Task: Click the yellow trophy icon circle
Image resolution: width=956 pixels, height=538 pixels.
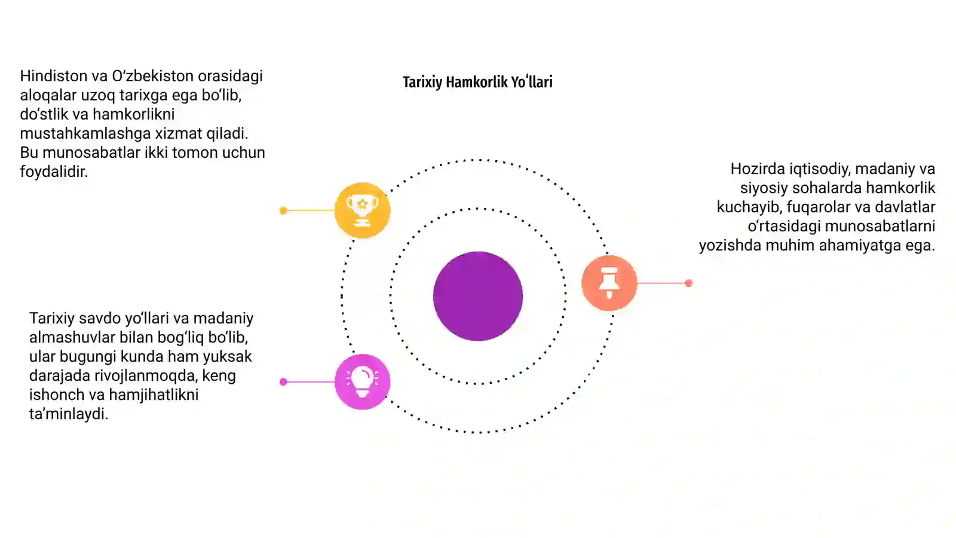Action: tap(362, 210)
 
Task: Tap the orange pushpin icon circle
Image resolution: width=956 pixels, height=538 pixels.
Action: tap(609, 283)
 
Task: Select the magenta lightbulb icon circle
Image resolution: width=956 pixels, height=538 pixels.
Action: tap(362, 382)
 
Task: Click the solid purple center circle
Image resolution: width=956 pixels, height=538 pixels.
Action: tap(478, 296)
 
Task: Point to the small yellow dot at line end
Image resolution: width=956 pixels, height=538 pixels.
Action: tap(283, 210)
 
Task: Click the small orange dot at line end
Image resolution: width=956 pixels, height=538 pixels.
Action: tap(688, 283)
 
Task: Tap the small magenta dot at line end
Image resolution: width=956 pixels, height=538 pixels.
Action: tap(283, 382)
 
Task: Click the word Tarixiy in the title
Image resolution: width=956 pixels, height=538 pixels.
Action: tap(422, 82)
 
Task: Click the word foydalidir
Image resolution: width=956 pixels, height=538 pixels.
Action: tap(54, 172)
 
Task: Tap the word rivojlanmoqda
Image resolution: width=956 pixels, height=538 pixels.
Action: tap(146, 376)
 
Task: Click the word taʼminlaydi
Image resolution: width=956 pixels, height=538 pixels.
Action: tap(69, 414)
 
